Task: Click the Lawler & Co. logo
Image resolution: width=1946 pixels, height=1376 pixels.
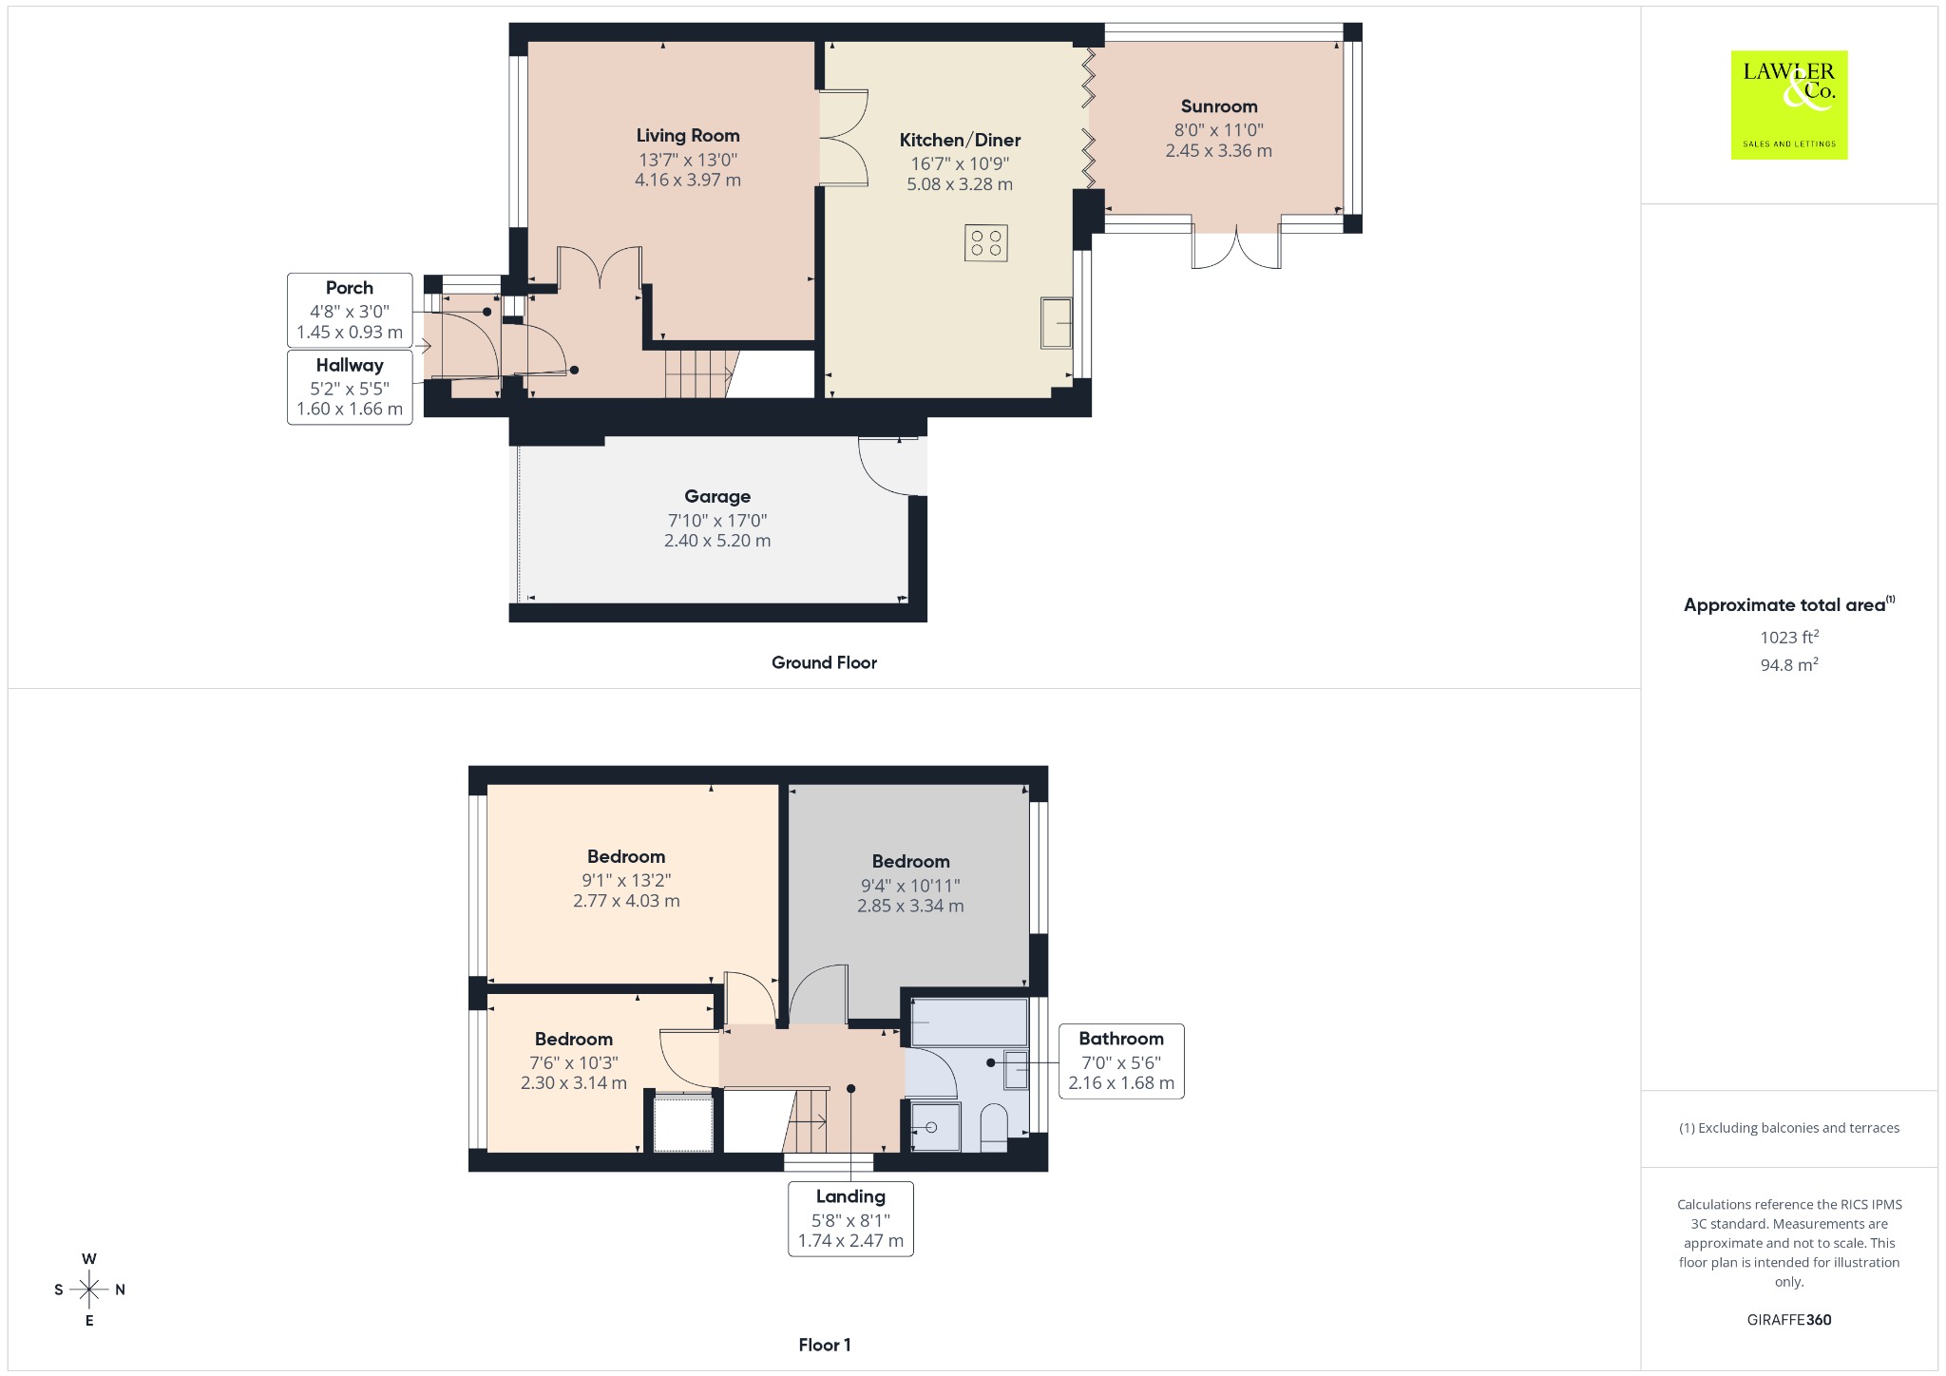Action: coord(1788,105)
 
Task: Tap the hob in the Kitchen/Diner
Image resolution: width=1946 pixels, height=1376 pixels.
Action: coord(986,242)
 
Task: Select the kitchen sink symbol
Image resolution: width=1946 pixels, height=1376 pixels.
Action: coord(1057,323)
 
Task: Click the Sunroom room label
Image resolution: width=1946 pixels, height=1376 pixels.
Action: coord(1219,106)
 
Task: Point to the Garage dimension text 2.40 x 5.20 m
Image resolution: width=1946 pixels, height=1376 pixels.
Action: coord(717,541)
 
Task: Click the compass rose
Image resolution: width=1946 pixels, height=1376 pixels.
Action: coord(89,1290)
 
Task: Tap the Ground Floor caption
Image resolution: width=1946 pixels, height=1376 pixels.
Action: coord(824,662)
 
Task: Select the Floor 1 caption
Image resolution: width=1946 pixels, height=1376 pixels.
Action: coord(825,1345)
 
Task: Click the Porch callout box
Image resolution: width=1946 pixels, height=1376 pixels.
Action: coord(350,311)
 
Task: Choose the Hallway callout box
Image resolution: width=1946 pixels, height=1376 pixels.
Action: coord(350,387)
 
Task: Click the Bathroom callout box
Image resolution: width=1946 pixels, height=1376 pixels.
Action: coord(1121,1061)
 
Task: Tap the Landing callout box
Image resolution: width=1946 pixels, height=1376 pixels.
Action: coord(850,1219)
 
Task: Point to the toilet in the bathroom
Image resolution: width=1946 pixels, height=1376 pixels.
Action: coord(992,1128)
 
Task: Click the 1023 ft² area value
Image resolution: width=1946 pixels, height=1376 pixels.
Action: coord(1789,637)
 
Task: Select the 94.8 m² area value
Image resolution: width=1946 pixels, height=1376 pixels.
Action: coord(1789,664)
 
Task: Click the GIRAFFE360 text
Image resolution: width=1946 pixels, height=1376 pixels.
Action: coord(1789,1319)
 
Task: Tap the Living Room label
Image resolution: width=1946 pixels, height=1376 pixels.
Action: coord(688,136)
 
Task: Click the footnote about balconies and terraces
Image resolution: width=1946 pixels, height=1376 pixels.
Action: coord(1789,1128)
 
